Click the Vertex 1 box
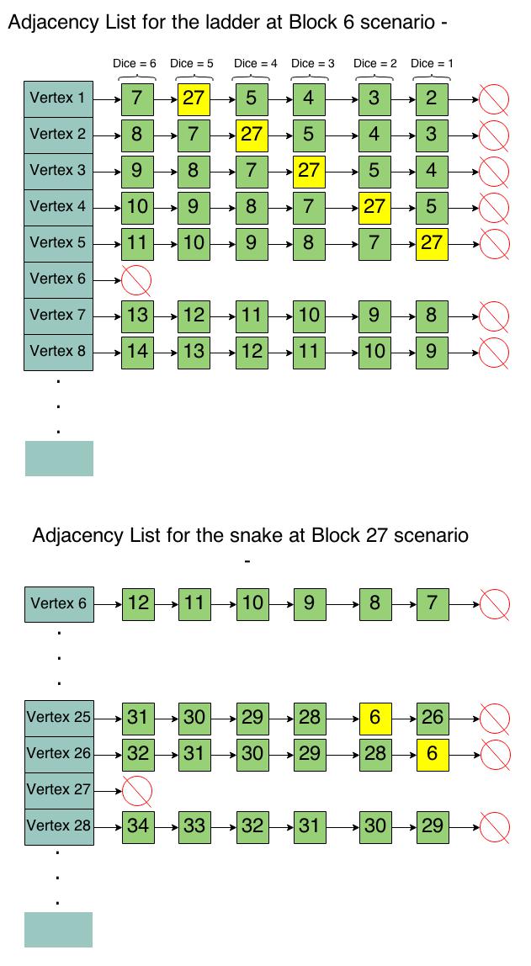click(58, 98)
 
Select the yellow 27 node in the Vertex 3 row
click(309, 171)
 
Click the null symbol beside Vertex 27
click(137, 790)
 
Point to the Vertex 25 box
click(58, 718)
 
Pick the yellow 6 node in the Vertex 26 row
click(432, 754)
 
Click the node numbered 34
click(137, 826)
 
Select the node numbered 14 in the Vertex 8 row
click(137, 352)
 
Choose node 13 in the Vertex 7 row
click(137, 316)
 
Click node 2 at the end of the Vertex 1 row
click(431, 98)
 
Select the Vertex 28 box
click(58, 826)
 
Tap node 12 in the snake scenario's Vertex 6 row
click(138, 602)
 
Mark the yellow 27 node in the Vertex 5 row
click(432, 243)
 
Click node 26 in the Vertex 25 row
click(432, 718)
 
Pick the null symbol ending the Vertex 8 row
click(494, 352)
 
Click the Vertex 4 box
click(58, 207)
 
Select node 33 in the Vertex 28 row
click(194, 826)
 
